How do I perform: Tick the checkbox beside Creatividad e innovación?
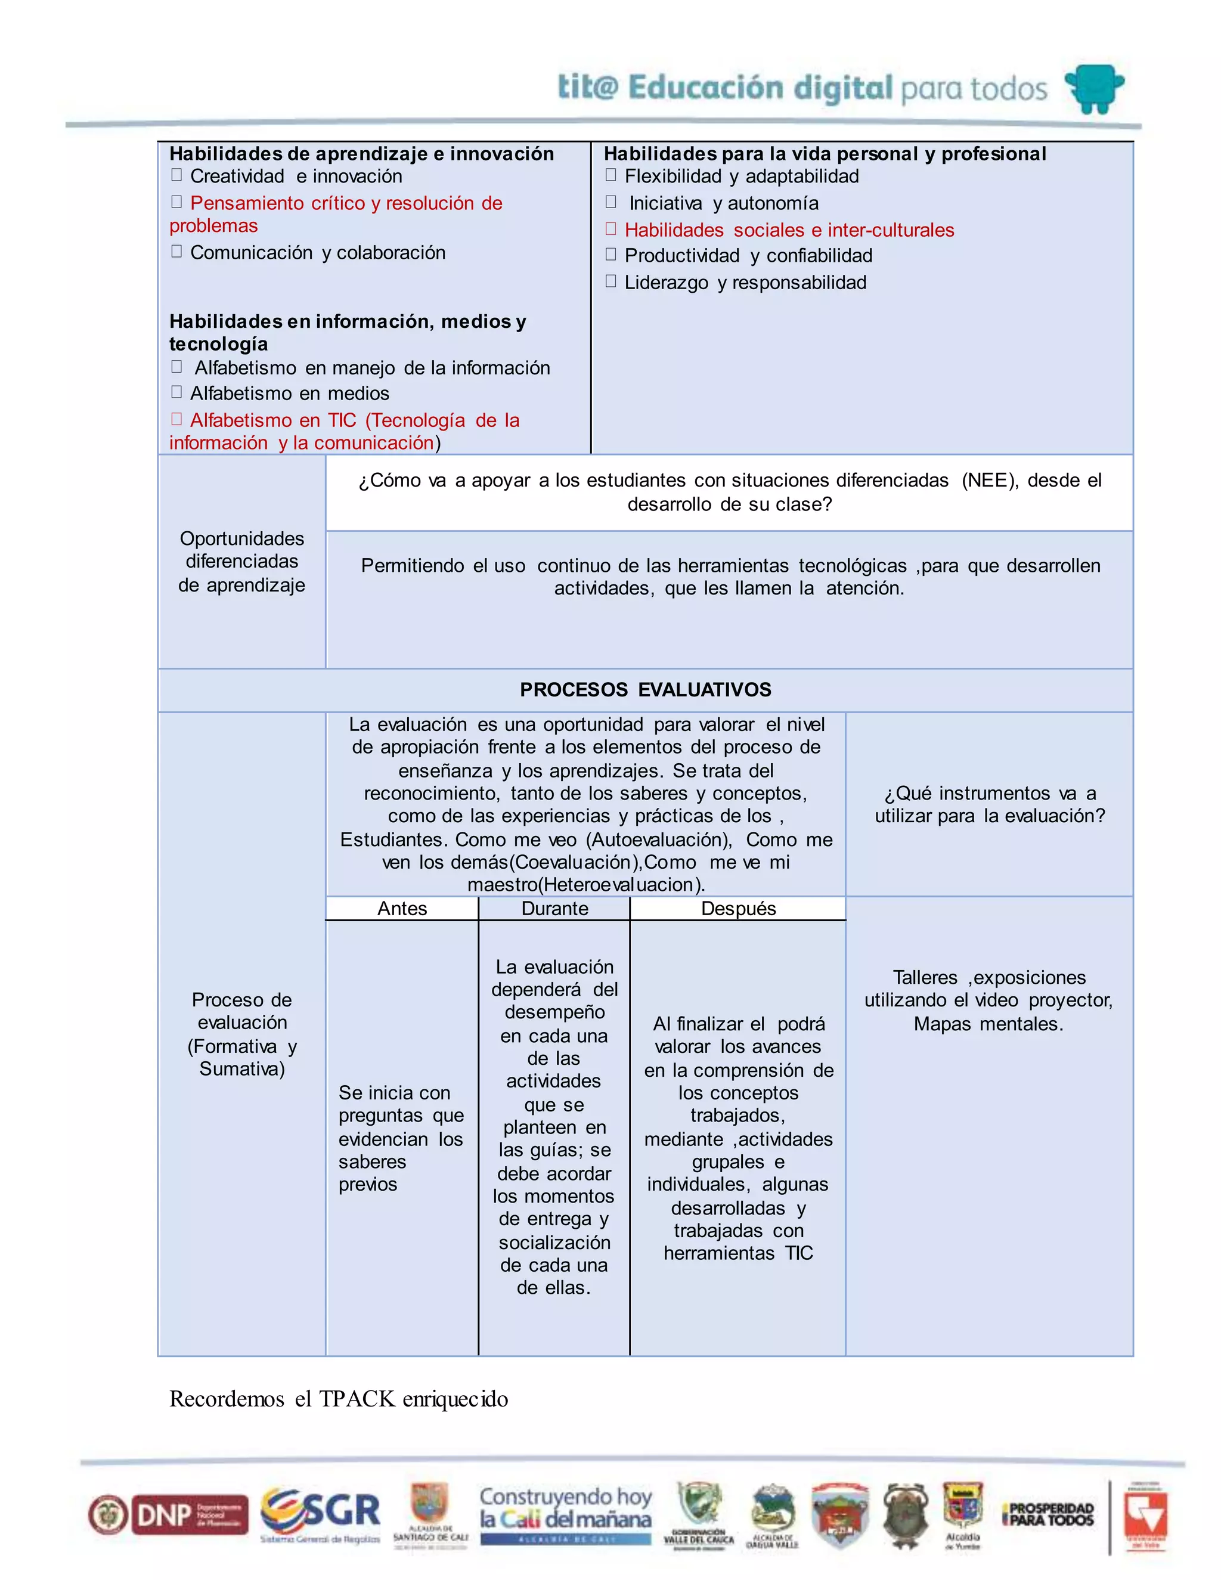tap(176, 175)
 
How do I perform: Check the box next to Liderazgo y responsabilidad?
tap(610, 281)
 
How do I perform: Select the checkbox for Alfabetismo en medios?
tap(176, 392)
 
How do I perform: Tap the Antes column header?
tap(402, 909)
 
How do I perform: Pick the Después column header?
tap(738, 909)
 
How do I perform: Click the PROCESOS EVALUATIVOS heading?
tap(645, 689)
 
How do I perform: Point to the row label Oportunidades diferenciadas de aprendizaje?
tap(241, 562)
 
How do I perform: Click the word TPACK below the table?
tap(357, 1398)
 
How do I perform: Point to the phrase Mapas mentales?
tap(988, 1024)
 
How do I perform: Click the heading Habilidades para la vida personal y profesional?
tap(825, 153)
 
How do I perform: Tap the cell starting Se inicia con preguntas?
tap(401, 1138)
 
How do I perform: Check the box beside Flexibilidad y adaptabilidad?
tap(610, 175)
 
